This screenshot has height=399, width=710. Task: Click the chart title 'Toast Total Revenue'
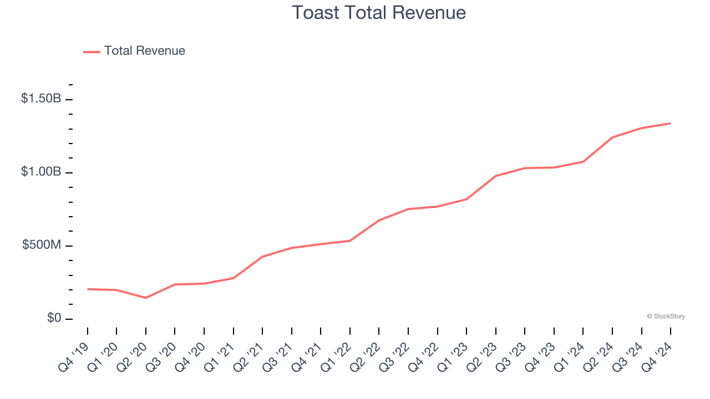point(379,12)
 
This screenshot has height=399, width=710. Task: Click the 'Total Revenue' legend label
point(144,51)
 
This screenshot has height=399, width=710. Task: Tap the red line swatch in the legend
point(92,52)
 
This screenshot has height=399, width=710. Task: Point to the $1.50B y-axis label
point(41,99)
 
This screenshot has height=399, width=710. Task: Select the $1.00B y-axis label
point(41,172)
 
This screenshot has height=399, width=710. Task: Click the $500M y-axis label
point(42,245)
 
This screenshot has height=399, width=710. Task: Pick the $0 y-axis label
point(53,318)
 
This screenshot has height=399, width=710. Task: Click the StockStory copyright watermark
point(666,316)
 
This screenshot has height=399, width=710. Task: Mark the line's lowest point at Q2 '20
point(146,298)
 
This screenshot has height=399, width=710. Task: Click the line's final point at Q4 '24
point(670,123)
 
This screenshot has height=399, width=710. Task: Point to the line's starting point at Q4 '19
point(88,289)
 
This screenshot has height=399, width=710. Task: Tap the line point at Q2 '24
point(612,137)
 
